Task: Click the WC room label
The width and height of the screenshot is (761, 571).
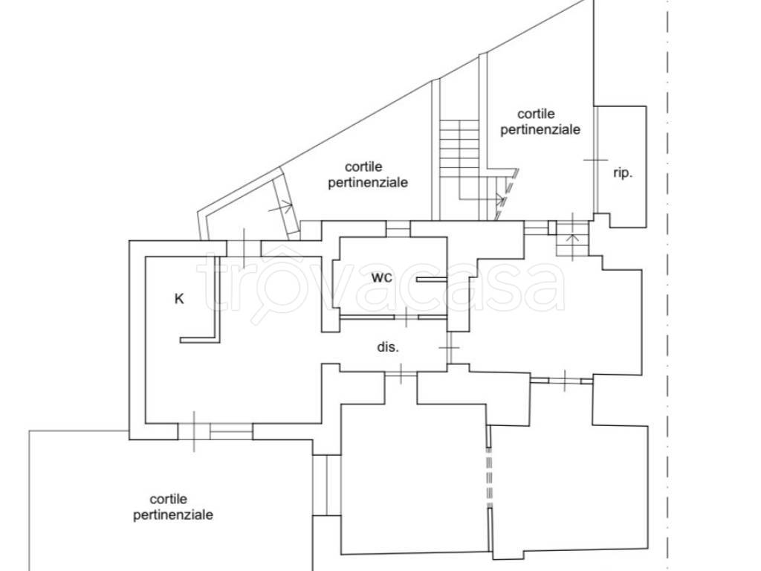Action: (x=381, y=278)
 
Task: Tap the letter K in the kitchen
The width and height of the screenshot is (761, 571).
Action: (x=179, y=299)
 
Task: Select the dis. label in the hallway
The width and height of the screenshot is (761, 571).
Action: (x=388, y=347)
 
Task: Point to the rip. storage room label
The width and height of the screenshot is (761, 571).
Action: (x=623, y=172)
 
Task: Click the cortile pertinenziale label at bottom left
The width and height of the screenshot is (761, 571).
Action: (x=172, y=507)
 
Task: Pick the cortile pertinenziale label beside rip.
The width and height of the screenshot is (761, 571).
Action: (x=540, y=121)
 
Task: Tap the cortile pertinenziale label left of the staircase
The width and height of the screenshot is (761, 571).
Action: (x=368, y=174)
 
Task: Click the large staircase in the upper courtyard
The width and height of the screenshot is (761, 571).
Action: (x=459, y=161)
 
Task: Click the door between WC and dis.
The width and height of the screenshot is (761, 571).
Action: (x=407, y=317)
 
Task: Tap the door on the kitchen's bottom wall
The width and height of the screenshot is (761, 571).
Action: (x=194, y=431)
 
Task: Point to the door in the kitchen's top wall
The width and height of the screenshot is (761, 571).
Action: (x=244, y=248)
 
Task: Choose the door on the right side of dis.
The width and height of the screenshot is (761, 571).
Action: (x=450, y=348)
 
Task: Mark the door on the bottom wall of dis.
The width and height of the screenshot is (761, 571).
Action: (x=401, y=373)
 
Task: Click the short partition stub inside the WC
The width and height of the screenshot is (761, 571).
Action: (x=432, y=280)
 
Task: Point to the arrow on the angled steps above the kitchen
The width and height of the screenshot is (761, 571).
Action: (x=285, y=207)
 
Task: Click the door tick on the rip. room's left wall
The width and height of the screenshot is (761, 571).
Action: (x=595, y=160)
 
